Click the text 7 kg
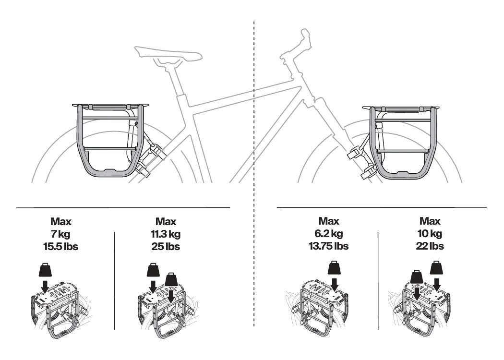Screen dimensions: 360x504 (x=61, y=234)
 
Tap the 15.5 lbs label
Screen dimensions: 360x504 (x=61, y=247)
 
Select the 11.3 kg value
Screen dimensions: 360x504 (x=165, y=234)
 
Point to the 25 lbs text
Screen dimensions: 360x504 (x=165, y=247)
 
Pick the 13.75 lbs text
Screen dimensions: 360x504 (x=329, y=246)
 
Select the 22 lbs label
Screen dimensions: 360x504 (x=430, y=246)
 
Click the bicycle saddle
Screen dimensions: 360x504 (x=168, y=54)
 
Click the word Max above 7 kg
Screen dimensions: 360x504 (x=61, y=222)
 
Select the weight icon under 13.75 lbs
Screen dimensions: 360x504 (x=334, y=267)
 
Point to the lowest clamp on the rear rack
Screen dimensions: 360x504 (x=143, y=168)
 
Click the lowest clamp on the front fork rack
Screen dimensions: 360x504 (x=368, y=171)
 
